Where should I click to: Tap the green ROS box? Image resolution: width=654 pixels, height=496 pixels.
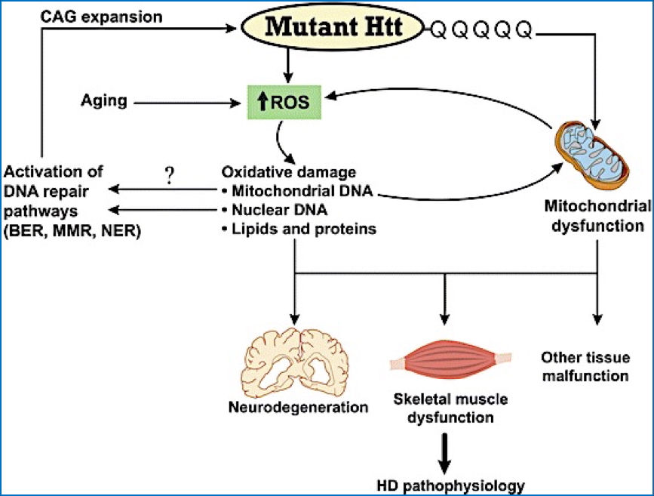286,102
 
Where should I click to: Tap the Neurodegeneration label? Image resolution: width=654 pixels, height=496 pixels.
299,408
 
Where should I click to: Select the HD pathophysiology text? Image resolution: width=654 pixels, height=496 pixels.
450,485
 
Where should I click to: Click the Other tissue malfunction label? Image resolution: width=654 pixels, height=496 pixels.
585,365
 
